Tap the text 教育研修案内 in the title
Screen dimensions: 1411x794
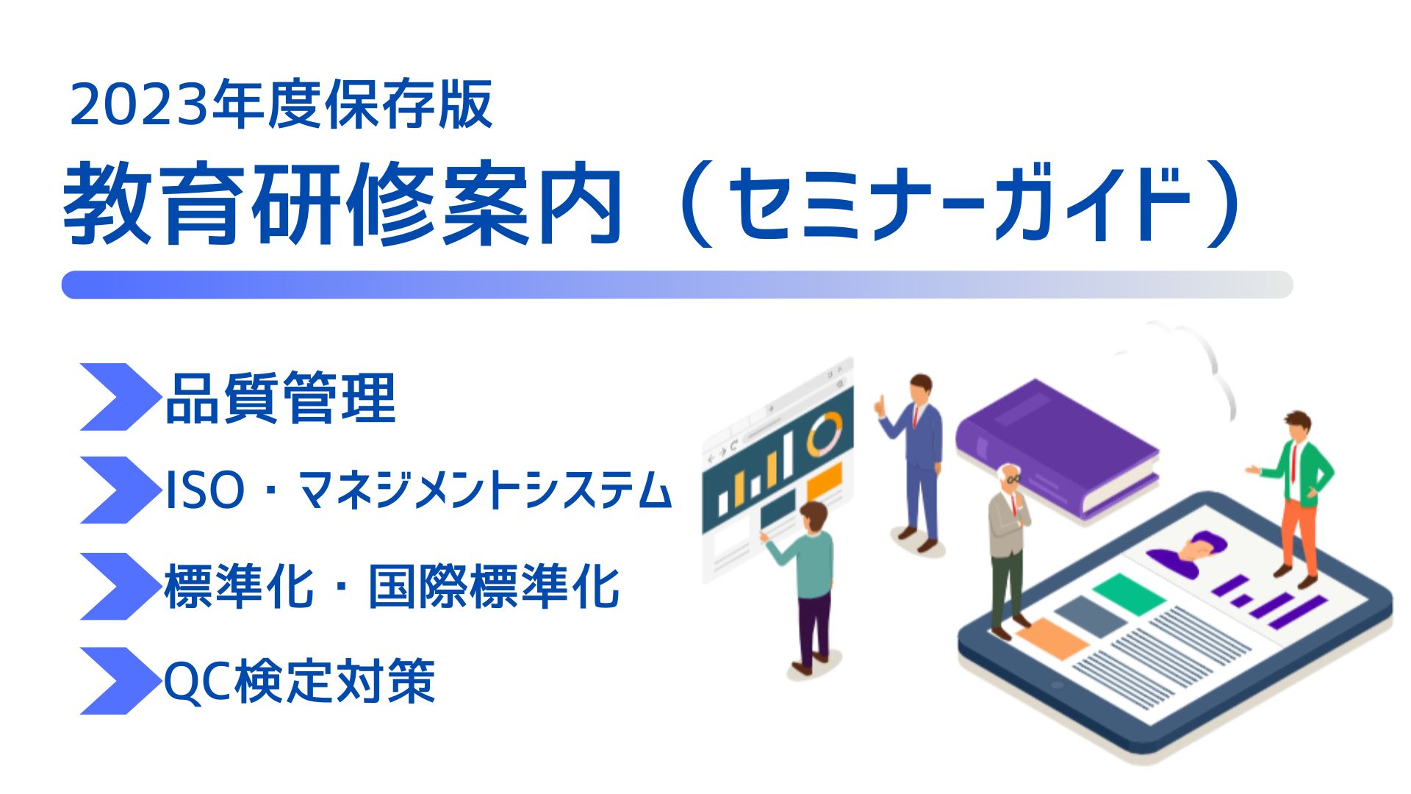(343, 204)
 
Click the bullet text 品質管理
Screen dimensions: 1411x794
(281, 398)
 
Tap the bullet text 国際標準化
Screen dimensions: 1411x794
(494, 587)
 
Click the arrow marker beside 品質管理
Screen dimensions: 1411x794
(120, 397)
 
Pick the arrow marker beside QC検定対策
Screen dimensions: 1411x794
(120, 681)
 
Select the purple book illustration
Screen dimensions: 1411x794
(1058, 448)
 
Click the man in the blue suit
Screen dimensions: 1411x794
(916, 463)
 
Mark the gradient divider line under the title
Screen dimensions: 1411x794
(677, 285)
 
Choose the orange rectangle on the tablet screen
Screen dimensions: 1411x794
(1052, 638)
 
